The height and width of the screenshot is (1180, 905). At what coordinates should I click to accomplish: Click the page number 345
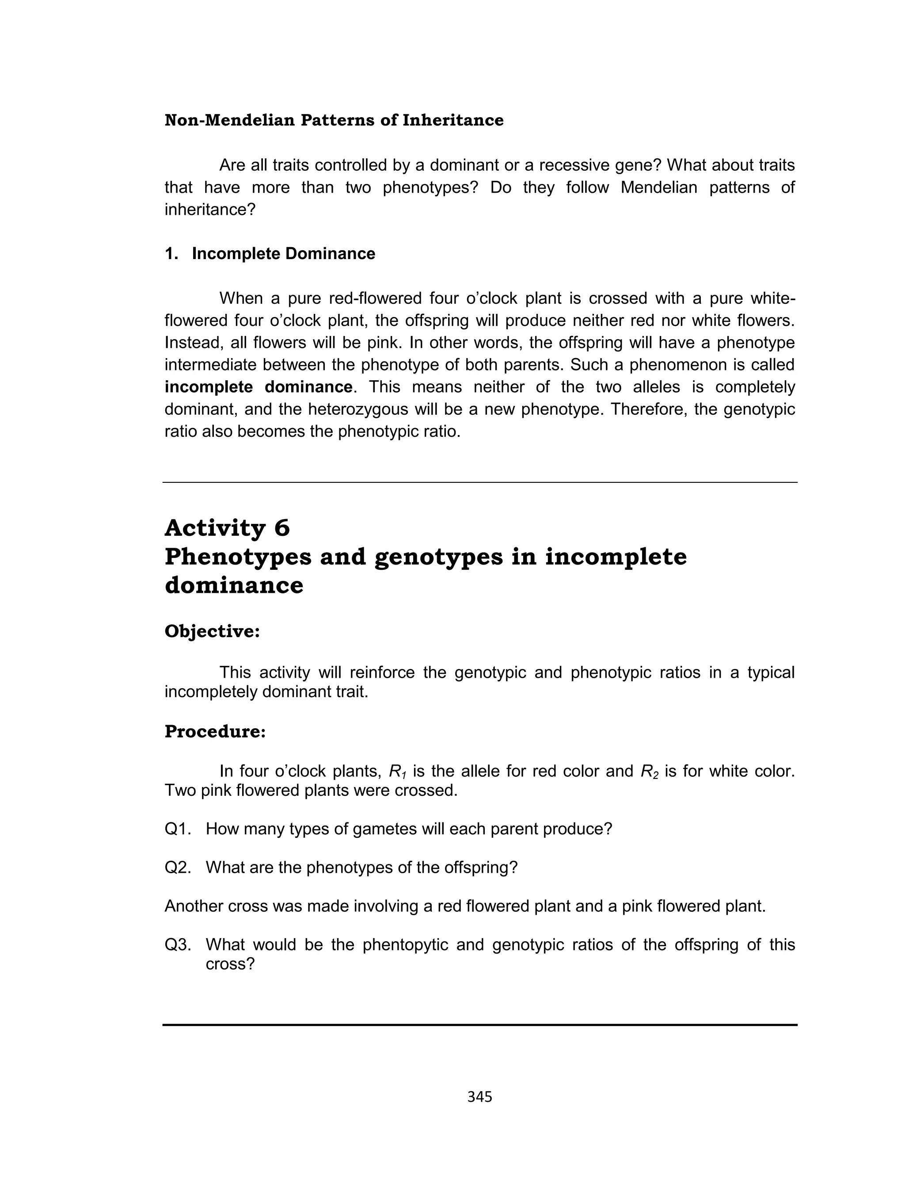click(x=479, y=1097)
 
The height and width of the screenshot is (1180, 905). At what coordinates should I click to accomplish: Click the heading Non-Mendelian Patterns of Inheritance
click(x=334, y=120)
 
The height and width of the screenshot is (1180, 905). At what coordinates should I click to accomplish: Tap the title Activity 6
click(x=227, y=527)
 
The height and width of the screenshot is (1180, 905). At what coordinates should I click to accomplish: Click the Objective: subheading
click(x=212, y=631)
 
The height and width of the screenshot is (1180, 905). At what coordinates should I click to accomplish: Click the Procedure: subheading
click(x=215, y=731)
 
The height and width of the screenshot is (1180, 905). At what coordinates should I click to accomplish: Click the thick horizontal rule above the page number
click(x=479, y=1025)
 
